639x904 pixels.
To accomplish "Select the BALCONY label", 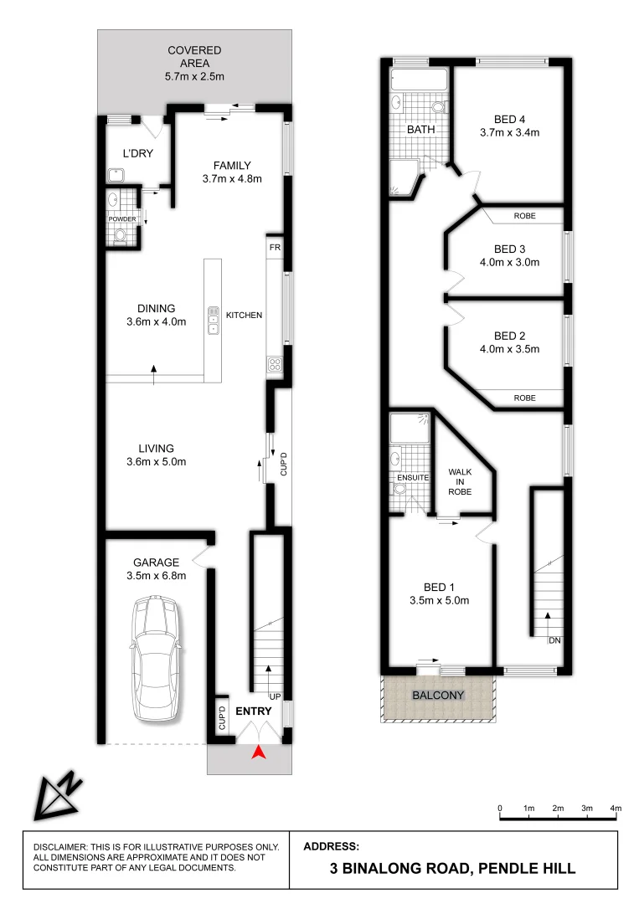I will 437,696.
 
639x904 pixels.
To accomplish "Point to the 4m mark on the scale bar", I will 616,807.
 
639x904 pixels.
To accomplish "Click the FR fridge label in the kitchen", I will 274,249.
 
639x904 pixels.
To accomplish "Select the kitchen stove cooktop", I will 274,363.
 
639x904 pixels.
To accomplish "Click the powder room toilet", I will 121,235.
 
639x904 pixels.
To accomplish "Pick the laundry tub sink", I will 116,175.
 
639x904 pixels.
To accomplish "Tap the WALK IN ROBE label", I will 460,482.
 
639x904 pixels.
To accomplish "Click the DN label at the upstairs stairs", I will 554,640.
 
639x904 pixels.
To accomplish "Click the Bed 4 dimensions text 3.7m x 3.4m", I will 508,132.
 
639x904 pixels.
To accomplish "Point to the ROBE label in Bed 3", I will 524,216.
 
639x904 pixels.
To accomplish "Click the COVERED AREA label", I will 194,56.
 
